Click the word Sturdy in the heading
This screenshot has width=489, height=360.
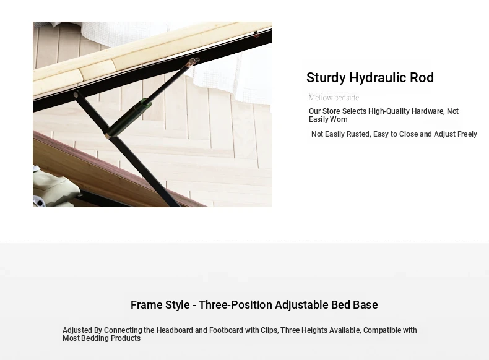326,78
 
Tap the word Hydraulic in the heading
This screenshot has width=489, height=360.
378,78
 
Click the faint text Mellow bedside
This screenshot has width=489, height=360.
334,98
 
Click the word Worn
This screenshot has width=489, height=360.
339,119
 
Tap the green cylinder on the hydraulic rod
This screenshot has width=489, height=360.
142,106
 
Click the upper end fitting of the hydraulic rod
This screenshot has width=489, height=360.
193,61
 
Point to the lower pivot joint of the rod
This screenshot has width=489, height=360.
108,136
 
